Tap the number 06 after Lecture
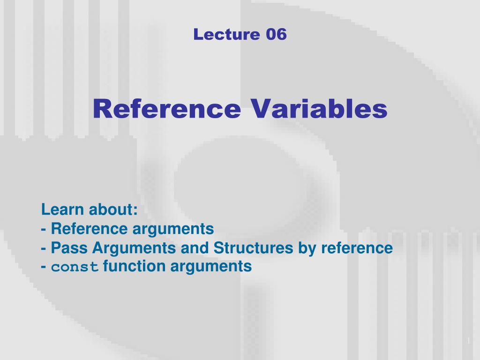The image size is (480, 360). [276, 34]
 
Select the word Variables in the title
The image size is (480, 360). [320, 109]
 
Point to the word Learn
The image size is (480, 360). [62, 210]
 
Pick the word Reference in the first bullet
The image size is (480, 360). [89, 229]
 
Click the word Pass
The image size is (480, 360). [68, 247]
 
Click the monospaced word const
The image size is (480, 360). [75, 267]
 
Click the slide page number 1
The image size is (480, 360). [468, 340]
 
